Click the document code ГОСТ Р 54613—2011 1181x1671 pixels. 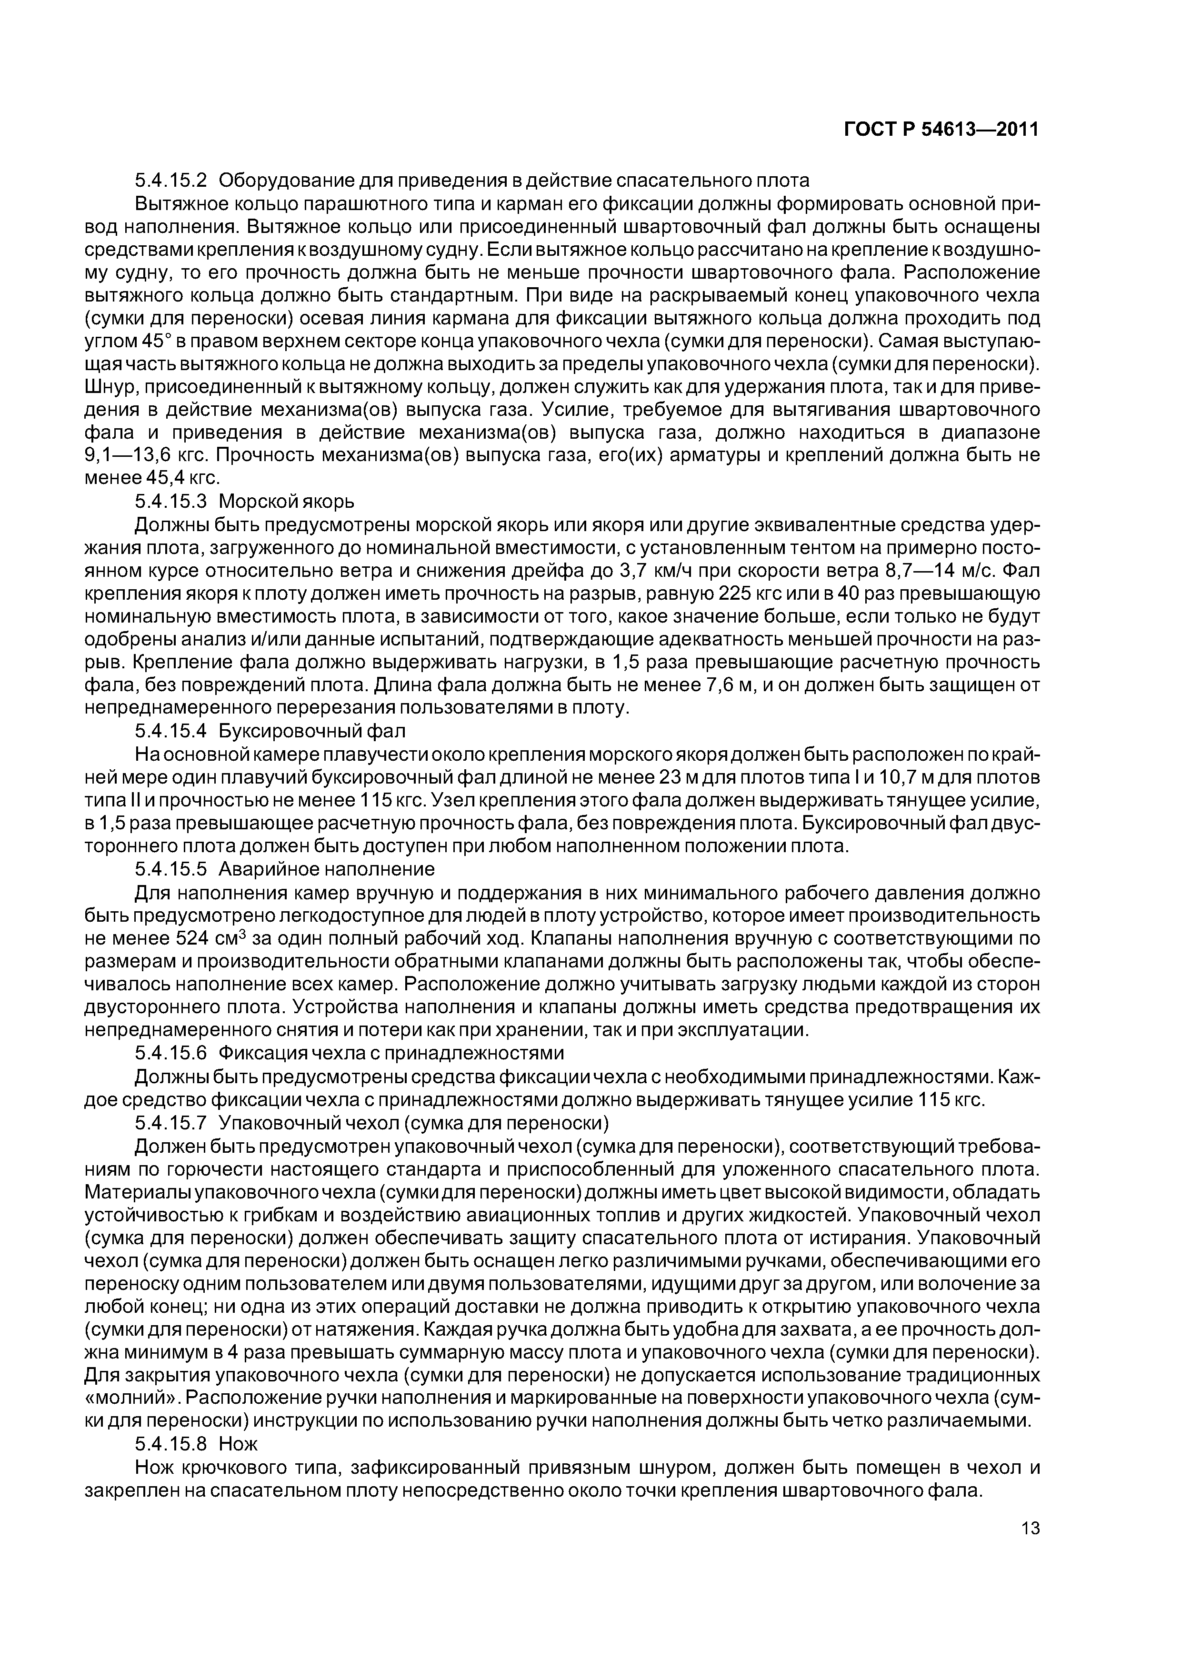[941, 130]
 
